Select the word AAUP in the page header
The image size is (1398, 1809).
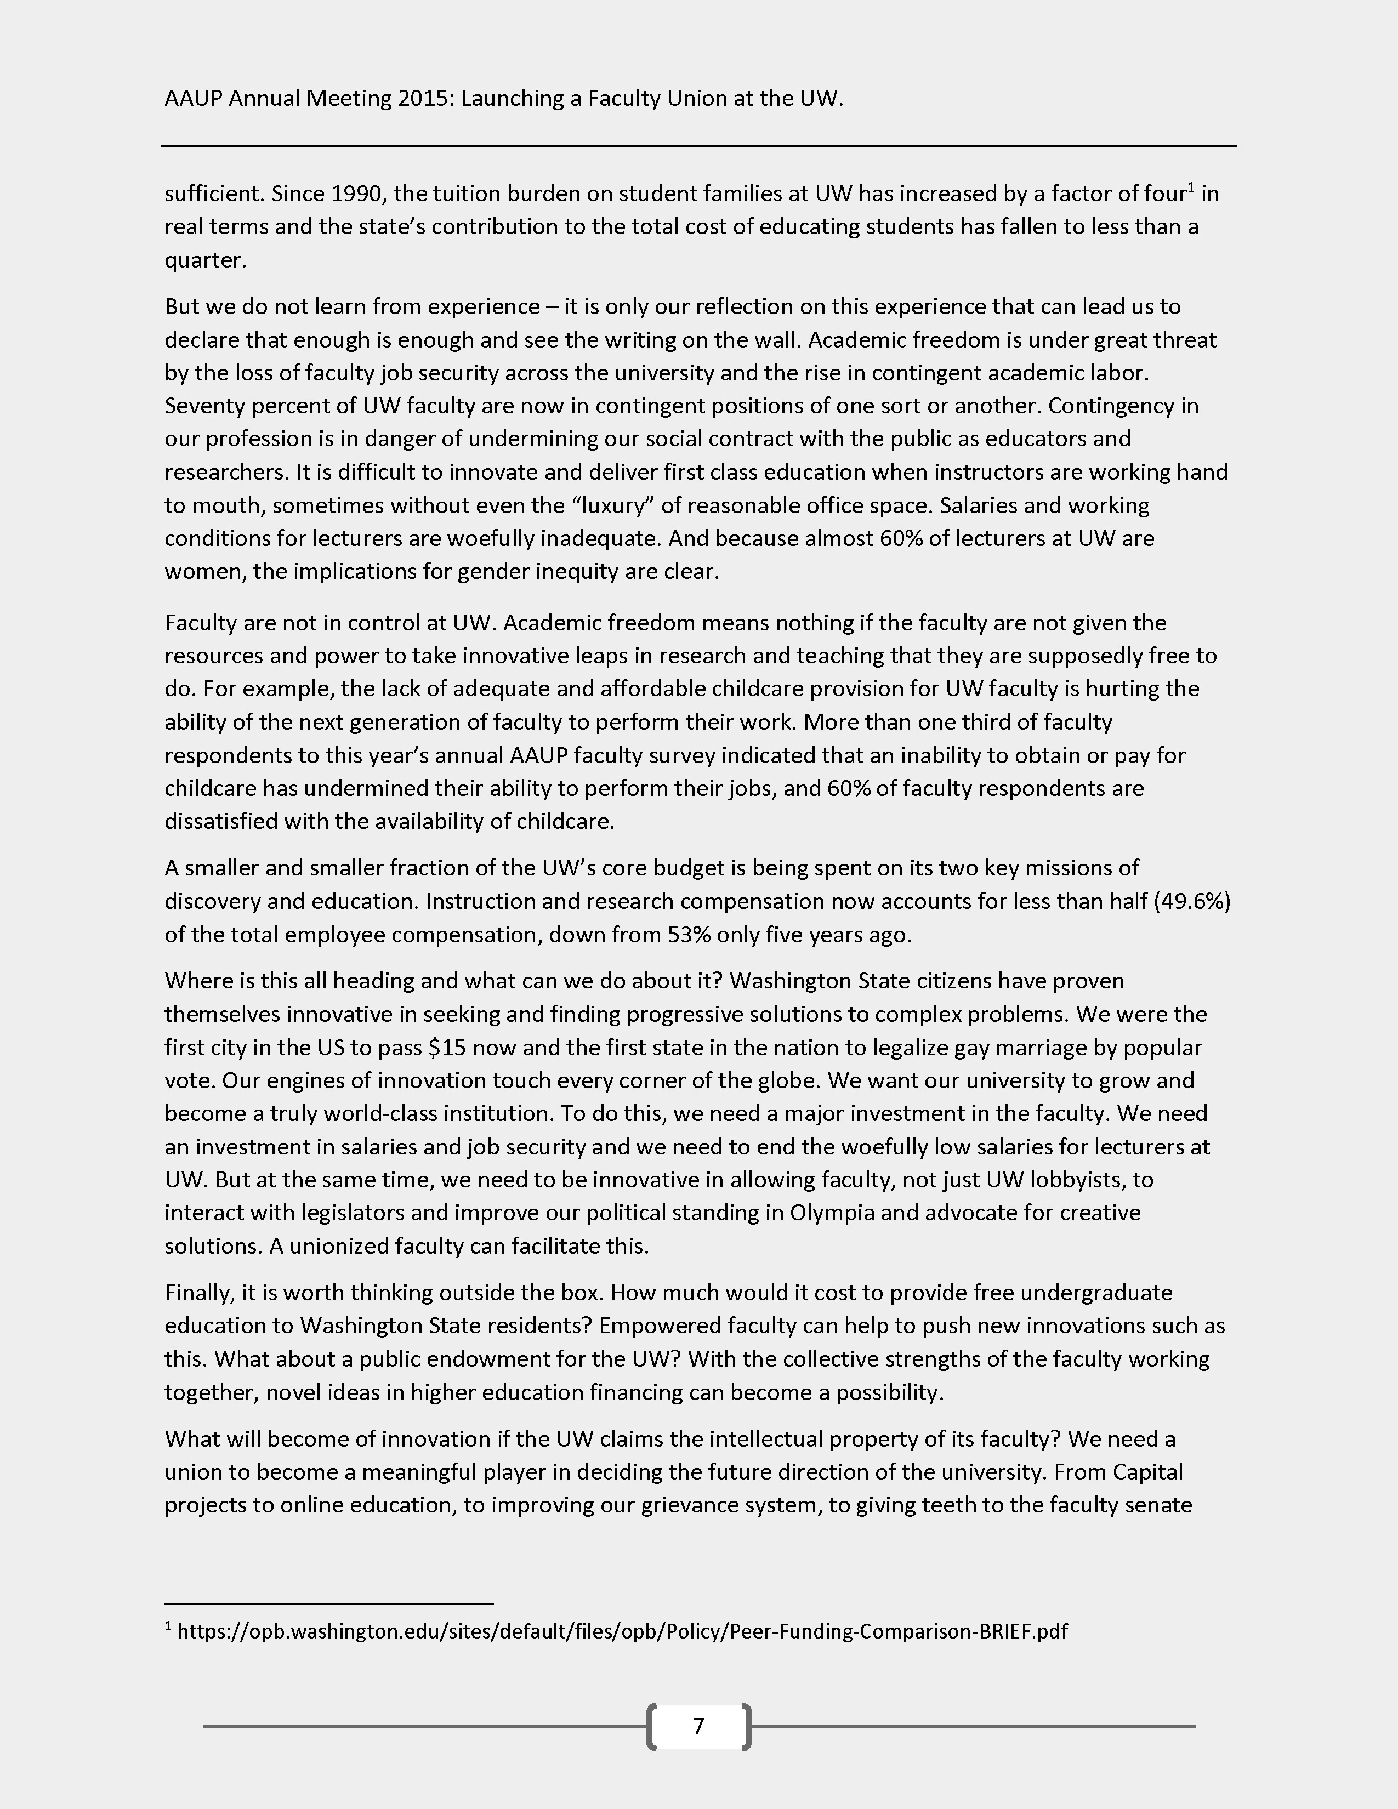pos(194,99)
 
